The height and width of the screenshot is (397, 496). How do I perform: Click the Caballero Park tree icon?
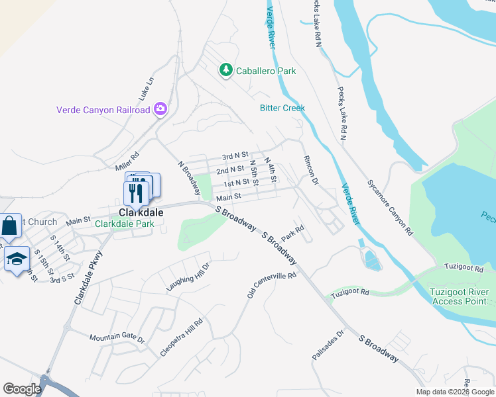(226, 70)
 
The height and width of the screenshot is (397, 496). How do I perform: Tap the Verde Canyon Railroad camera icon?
(160, 109)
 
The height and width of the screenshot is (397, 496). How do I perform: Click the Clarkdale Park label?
(124, 224)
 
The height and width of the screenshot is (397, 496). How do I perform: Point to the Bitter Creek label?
(282, 108)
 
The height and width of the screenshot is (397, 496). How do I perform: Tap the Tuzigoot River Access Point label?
(459, 296)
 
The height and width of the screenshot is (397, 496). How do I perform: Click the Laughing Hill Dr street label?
(188, 277)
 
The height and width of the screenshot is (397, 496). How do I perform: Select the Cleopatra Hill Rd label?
(181, 337)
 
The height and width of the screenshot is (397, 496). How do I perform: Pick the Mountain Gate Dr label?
(117, 337)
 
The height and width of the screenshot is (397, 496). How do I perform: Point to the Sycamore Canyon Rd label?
(391, 208)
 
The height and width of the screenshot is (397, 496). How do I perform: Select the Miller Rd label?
(126, 160)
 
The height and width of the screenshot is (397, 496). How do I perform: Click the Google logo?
(23, 389)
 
